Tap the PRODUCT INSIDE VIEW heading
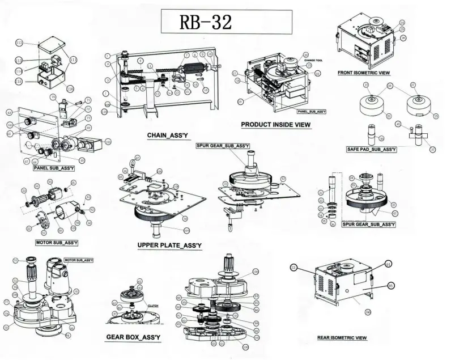coord(276,125)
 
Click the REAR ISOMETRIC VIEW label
coord(342,338)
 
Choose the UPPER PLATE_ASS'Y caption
coord(169,245)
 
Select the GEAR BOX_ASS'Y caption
coord(133,337)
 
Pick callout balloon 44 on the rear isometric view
coord(388,264)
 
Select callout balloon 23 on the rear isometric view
coord(293,266)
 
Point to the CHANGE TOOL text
coord(313,60)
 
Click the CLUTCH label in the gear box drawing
coord(152,305)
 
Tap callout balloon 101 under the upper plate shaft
coord(186,230)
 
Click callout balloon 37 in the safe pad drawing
coord(432,150)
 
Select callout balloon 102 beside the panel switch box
coord(108,141)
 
